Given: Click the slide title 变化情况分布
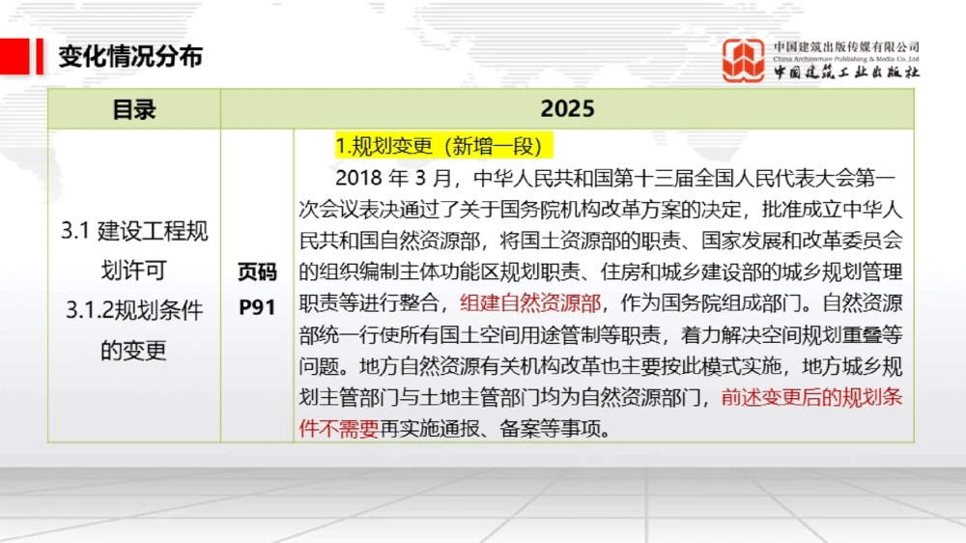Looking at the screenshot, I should (130, 56).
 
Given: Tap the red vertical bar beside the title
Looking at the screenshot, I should (40, 56).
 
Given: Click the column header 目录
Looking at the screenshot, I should (134, 109).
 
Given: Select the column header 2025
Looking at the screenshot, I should (567, 109).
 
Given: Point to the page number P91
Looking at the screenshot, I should (257, 307).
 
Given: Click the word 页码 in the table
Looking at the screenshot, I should (257, 273).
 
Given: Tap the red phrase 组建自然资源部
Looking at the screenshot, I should (530, 303).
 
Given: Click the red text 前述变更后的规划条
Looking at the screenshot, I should (811, 397).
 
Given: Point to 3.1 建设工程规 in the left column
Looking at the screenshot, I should (134, 232).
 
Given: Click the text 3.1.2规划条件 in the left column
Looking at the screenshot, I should (134, 310).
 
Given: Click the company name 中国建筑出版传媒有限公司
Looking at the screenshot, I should (846, 46).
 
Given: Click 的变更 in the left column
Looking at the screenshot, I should (134, 350).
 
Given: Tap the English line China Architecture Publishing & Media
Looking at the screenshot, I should (846, 59).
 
